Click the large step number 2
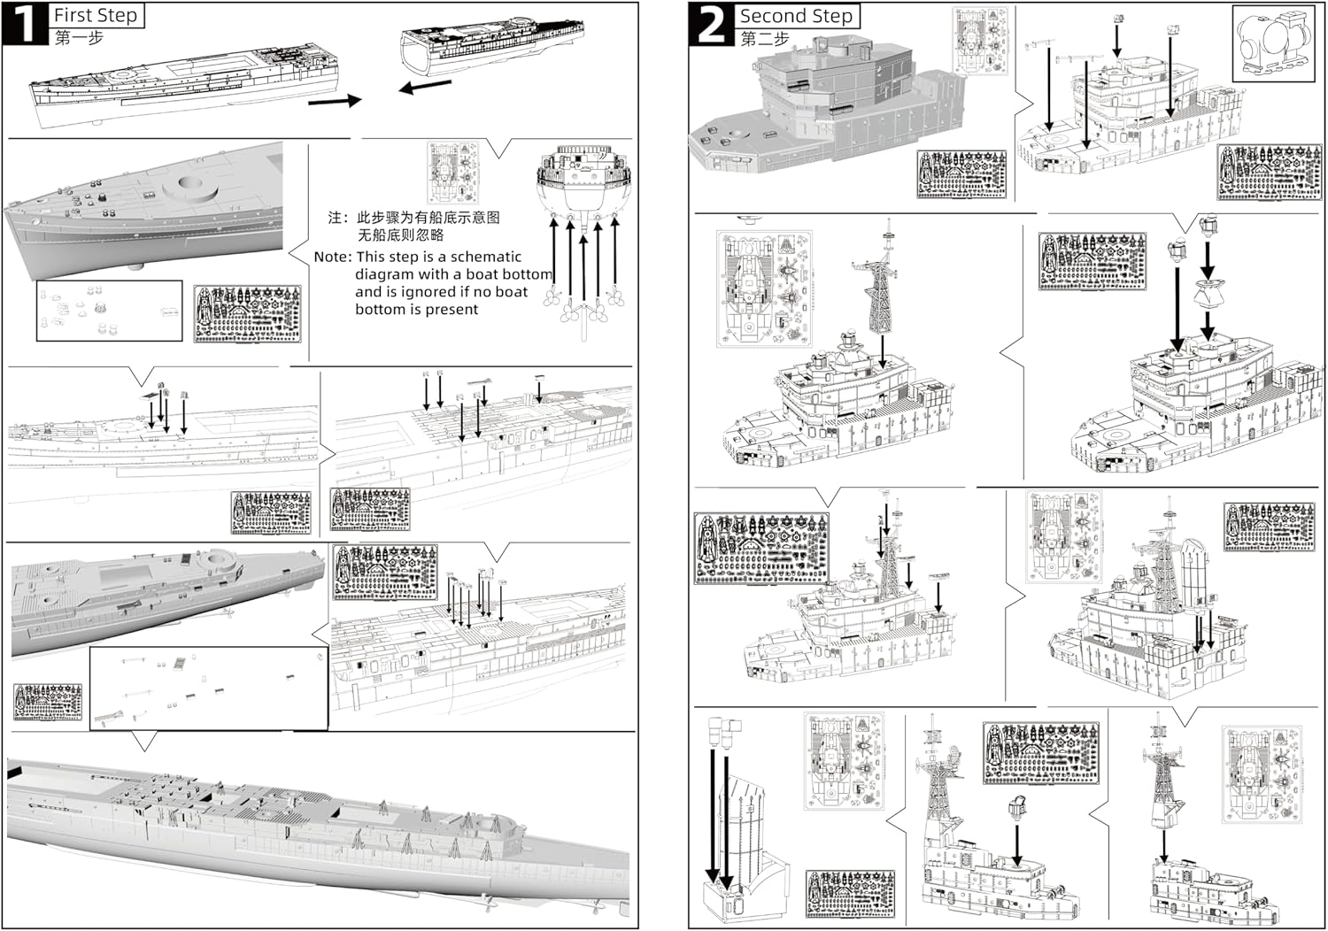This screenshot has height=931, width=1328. [712, 25]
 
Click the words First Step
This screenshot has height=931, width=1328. [96, 15]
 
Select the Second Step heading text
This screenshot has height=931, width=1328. [796, 16]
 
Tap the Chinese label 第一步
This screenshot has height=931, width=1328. [79, 38]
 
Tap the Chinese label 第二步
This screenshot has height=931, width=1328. [764, 39]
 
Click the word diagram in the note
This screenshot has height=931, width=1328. [387, 275]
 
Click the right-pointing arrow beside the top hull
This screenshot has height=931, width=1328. [335, 101]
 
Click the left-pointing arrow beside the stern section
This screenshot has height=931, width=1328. [425, 87]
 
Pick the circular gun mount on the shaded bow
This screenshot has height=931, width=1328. [197, 184]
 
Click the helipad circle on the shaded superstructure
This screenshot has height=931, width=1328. [730, 135]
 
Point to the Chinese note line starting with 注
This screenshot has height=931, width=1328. [413, 218]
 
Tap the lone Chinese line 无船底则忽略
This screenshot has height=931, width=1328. [400, 235]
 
